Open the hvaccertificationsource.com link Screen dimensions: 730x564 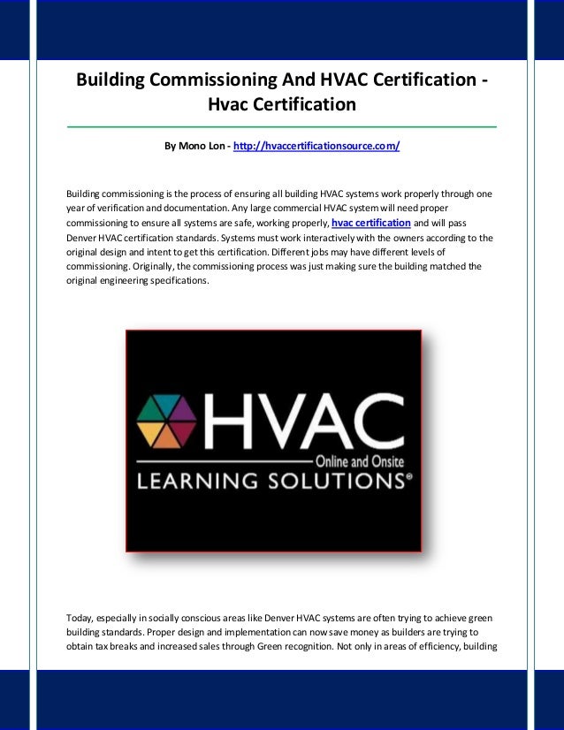click(316, 144)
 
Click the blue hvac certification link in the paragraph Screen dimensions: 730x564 click(370, 223)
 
